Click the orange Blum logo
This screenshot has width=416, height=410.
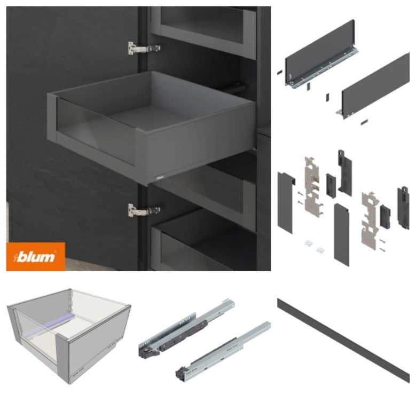(x=36, y=256)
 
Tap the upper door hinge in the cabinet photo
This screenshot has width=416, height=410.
(x=144, y=49)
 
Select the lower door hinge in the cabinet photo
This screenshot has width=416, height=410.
(x=144, y=210)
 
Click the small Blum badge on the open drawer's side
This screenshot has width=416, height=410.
(x=160, y=177)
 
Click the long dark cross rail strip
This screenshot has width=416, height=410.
(x=343, y=340)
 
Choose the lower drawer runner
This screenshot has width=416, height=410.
(x=223, y=352)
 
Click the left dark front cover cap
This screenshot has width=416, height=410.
(x=286, y=203)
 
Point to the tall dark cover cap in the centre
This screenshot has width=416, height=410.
(x=341, y=235)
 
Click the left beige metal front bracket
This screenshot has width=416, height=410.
(x=313, y=185)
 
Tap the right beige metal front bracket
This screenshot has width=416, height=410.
(x=370, y=220)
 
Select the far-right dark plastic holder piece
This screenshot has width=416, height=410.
(x=403, y=207)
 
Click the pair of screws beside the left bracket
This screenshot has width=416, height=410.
(x=300, y=198)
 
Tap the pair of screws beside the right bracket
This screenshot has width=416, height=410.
(x=382, y=246)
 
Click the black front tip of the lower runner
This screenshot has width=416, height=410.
(x=181, y=372)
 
